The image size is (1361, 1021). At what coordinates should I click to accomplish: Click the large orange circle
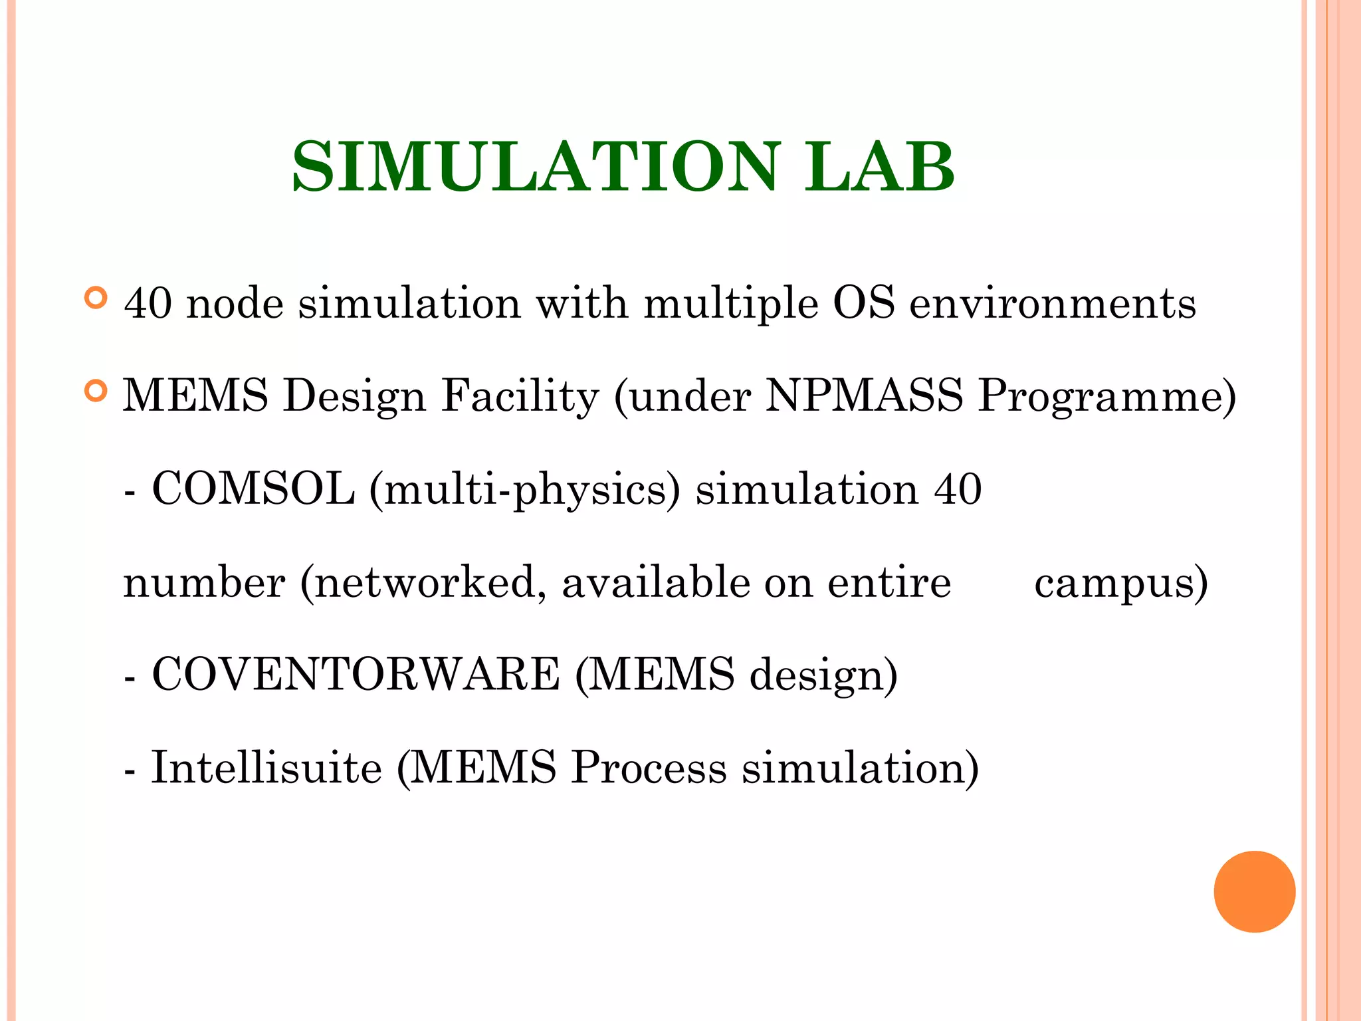[x=1254, y=891]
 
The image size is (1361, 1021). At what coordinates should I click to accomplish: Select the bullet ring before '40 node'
[x=96, y=298]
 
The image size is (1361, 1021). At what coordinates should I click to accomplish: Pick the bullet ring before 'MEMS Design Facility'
[x=96, y=391]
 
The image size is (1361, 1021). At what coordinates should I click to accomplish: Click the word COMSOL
[x=253, y=489]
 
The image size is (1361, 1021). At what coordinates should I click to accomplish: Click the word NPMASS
[x=864, y=396]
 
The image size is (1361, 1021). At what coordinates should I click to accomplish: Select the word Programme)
[x=1107, y=397]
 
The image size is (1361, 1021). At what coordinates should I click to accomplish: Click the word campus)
[x=1121, y=583]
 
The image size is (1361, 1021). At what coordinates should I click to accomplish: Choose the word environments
[x=1053, y=304]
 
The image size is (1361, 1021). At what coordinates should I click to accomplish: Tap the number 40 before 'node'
[x=148, y=303]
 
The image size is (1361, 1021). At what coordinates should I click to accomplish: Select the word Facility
[x=520, y=397]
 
